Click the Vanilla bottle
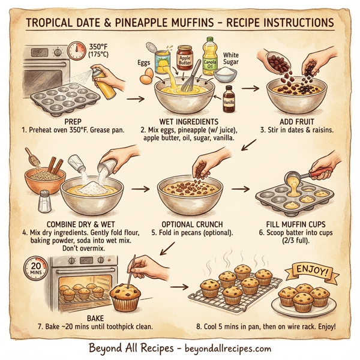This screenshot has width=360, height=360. pyautogui.click(x=229, y=100)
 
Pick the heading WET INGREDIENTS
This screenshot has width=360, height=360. pyautogui.click(x=184, y=119)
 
